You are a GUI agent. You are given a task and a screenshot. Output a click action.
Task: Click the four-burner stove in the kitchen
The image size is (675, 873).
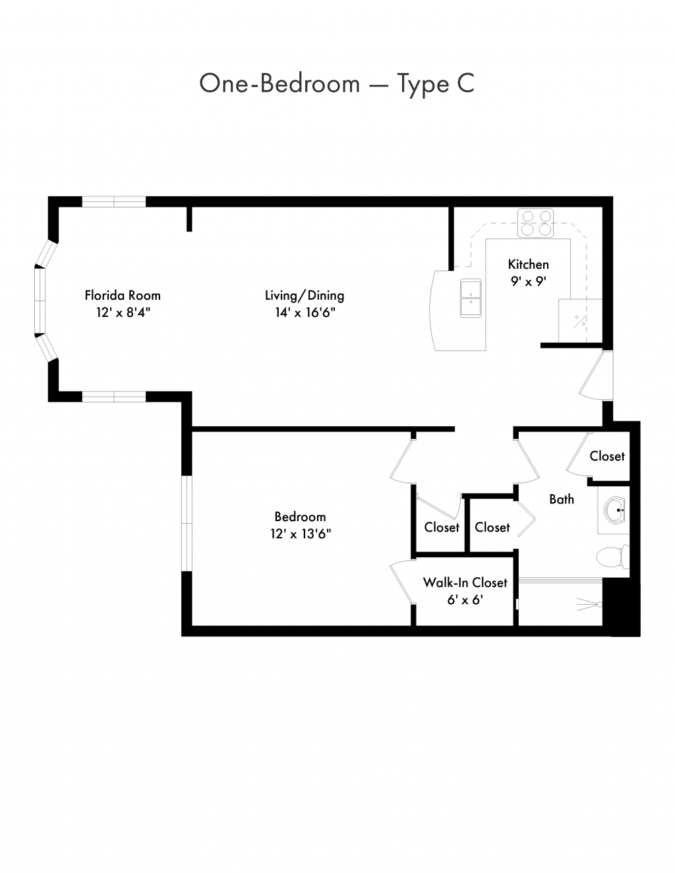point(535,223)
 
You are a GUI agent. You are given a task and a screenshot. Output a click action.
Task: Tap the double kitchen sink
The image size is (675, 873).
point(471,298)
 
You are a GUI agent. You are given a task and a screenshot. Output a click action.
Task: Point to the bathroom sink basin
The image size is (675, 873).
point(615,510)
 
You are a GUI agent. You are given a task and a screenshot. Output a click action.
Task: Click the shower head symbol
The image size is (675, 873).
point(589,605)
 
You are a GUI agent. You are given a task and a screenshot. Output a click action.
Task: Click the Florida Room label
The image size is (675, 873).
point(123,295)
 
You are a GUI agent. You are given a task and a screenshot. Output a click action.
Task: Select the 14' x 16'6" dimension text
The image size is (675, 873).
point(305,312)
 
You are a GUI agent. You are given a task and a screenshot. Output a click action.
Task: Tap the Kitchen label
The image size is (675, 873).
point(529,264)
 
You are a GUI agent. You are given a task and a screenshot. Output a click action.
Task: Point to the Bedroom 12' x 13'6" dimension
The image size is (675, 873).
point(301,534)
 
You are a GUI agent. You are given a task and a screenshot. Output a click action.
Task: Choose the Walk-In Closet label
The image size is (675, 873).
point(465,582)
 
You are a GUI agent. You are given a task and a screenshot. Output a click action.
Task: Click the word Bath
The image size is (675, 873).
point(562,499)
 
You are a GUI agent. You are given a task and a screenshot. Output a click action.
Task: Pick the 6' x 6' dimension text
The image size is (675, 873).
point(465,600)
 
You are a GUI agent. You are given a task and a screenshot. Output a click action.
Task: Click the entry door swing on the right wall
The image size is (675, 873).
point(596,376)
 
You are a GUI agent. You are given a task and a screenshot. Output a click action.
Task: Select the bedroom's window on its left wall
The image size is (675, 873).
point(187,524)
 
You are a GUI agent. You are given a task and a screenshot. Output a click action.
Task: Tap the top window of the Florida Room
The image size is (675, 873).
point(114,202)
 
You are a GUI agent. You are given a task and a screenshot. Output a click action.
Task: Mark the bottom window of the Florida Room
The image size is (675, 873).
point(114,397)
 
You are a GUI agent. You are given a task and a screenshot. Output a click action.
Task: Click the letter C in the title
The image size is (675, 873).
point(465,83)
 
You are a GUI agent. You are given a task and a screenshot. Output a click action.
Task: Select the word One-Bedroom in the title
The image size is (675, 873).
point(279,83)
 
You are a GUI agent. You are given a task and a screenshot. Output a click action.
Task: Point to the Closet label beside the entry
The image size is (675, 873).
point(607,456)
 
